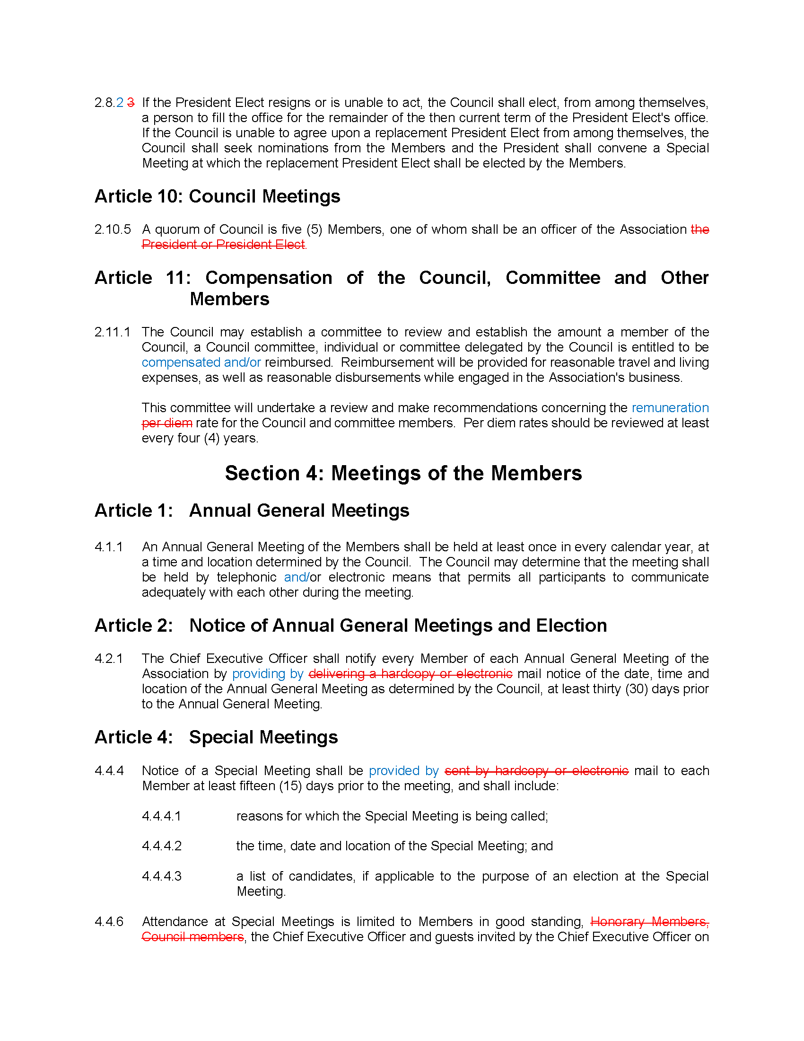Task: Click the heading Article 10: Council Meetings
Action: pyautogui.click(x=217, y=196)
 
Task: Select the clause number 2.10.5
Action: pyautogui.click(x=113, y=229)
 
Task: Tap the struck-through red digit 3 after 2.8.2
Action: pyautogui.click(x=131, y=103)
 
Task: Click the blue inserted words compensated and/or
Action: pyautogui.click(x=201, y=362)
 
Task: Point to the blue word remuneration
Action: pyautogui.click(x=670, y=408)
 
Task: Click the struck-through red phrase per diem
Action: pyautogui.click(x=166, y=423)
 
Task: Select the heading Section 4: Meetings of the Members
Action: pyautogui.click(x=403, y=473)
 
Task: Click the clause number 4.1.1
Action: pyautogui.click(x=109, y=547)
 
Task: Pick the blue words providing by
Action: pyautogui.click(x=268, y=674)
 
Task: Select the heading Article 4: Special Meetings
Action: pyautogui.click(x=216, y=737)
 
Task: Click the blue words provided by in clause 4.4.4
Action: pyautogui.click(x=403, y=771)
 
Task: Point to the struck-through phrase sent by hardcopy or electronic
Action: pyautogui.click(x=536, y=771)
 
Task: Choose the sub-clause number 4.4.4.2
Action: pyautogui.click(x=161, y=846)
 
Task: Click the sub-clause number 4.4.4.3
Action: pyautogui.click(x=161, y=876)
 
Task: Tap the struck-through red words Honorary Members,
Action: pyautogui.click(x=649, y=922)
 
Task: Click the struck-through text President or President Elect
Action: pyautogui.click(x=223, y=245)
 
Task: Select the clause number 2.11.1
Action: pyautogui.click(x=112, y=332)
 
